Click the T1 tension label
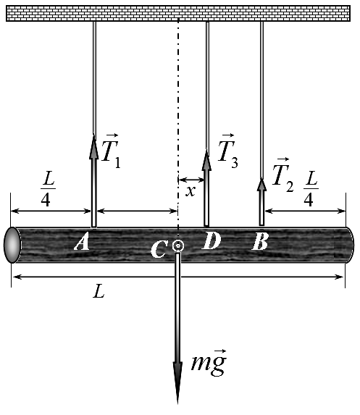pos(111,151)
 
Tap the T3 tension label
pos(228,151)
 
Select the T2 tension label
pos(282,175)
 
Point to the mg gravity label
pos(209,362)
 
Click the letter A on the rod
pos(82,243)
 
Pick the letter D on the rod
pos(211,241)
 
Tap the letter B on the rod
pos(260,242)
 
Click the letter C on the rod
pos(159,249)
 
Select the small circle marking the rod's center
pos(178,246)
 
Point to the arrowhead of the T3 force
pos(206,160)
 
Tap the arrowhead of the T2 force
pos(261,185)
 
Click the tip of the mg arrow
pos(177,404)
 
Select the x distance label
pos(191,190)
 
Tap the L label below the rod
pos(99,291)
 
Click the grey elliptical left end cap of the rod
pos(12,245)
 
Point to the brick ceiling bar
pos(178,13)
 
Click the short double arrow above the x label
pos(191,180)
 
